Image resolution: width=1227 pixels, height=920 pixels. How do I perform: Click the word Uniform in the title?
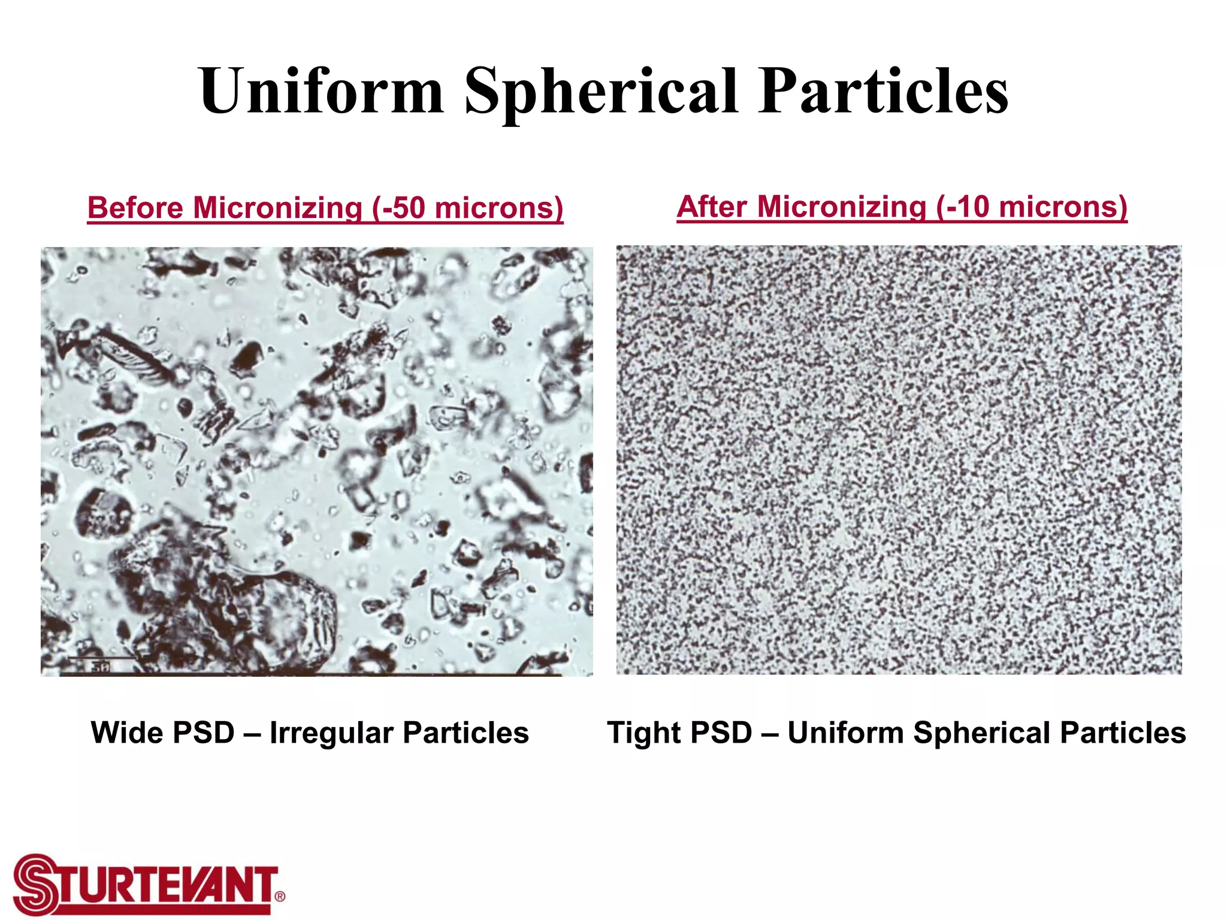click(x=322, y=91)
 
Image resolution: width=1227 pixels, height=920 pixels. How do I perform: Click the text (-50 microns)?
click(x=467, y=208)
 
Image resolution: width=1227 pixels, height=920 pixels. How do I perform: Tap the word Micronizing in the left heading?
click(x=278, y=208)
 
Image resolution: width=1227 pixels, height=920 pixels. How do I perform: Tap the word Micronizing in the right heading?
click(x=842, y=207)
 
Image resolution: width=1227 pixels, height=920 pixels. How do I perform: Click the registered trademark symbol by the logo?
click(x=279, y=897)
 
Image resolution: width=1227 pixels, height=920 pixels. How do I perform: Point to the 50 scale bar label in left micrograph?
click(x=100, y=667)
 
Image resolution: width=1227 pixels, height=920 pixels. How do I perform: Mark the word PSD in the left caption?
click(x=204, y=733)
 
